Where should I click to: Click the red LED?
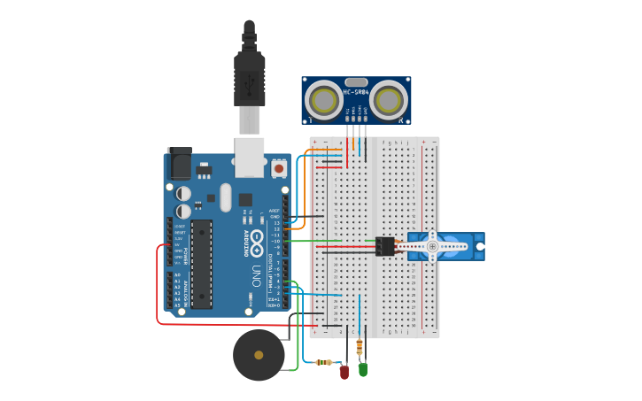344,373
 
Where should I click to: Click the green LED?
363,369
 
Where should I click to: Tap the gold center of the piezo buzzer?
259,355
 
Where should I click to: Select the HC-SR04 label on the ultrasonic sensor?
356,92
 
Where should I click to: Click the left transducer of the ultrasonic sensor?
323,101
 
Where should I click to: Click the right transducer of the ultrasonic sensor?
389,101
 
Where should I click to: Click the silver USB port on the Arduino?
250,152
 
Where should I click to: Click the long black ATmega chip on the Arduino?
202,264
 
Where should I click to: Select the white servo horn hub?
433,246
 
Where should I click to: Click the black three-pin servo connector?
385,246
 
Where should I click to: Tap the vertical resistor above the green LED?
359,346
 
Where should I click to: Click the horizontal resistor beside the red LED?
325,362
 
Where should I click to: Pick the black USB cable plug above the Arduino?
250,75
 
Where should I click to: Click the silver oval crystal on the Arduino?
226,197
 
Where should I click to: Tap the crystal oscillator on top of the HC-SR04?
356,81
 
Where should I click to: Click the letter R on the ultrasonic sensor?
401,120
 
